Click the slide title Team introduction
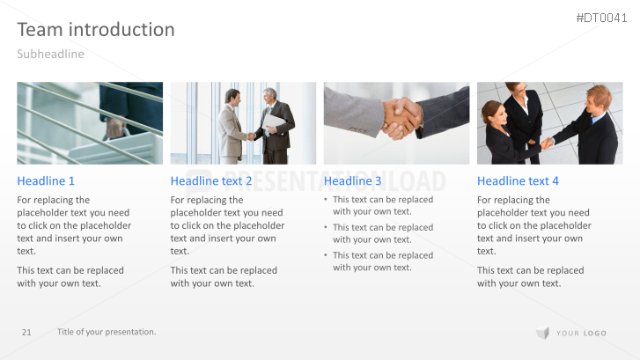[x=96, y=30]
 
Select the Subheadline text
[x=50, y=55]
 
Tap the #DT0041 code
[x=603, y=18]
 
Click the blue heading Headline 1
[x=46, y=181]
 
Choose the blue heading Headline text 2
[x=211, y=181]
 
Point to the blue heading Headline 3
[x=353, y=181]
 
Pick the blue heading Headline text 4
[x=518, y=181]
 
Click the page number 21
[x=26, y=332]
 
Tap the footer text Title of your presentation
[x=107, y=332]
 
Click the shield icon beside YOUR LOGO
[x=542, y=333]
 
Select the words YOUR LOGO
[x=582, y=333]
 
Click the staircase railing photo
[x=90, y=123]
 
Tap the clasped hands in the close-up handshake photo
[x=403, y=117]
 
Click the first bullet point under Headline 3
[x=383, y=205]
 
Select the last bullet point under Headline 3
[x=383, y=261]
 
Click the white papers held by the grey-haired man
[x=275, y=124]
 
